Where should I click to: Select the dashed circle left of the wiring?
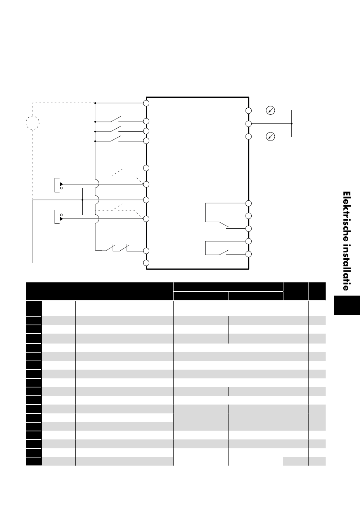[x=33, y=123]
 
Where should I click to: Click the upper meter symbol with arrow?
[x=271, y=110]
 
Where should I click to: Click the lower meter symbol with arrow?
[x=271, y=136]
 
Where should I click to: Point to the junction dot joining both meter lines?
[x=292, y=123]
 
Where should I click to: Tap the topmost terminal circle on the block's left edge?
[x=146, y=103]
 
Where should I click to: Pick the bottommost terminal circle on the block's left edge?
[x=146, y=263]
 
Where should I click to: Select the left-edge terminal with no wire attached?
[x=146, y=168]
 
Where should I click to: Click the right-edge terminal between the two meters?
[x=249, y=124]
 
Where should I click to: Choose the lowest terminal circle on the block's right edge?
[x=249, y=254]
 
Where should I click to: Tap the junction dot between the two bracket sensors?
[x=82, y=200]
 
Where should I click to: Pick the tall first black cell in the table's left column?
[x=34, y=308]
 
